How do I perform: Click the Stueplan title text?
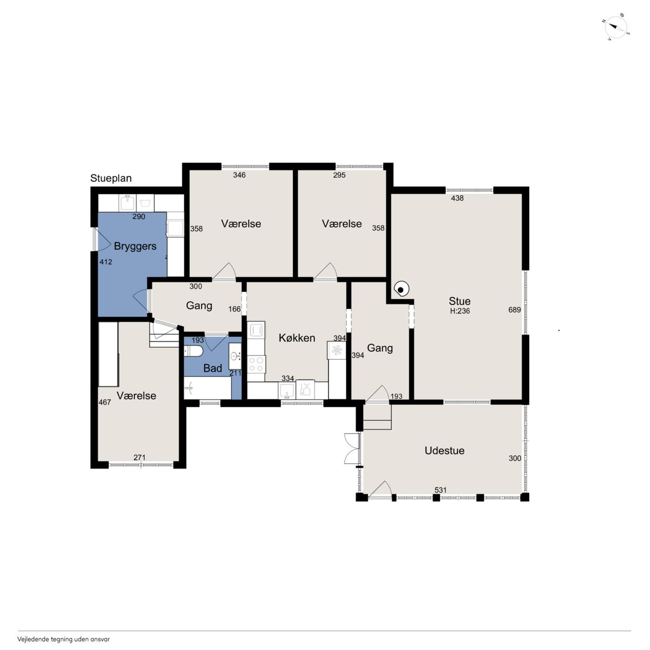point(111,178)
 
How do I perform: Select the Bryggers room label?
point(135,247)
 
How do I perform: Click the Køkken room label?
point(297,338)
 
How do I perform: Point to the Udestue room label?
point(444,450)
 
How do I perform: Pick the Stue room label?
point(460,301)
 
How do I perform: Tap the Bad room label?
point(212,368)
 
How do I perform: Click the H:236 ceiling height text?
point(460,311)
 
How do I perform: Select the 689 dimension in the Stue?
point(514,310)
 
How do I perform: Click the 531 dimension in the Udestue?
point(441,490)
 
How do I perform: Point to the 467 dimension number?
point(105,402)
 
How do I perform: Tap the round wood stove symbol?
point(401,289)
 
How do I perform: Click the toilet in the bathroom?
point(193,351)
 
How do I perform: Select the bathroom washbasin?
point(235,356)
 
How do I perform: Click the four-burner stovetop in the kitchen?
point(256,364)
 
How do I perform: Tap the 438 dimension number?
point(457,198)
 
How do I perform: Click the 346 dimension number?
point(239,175)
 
